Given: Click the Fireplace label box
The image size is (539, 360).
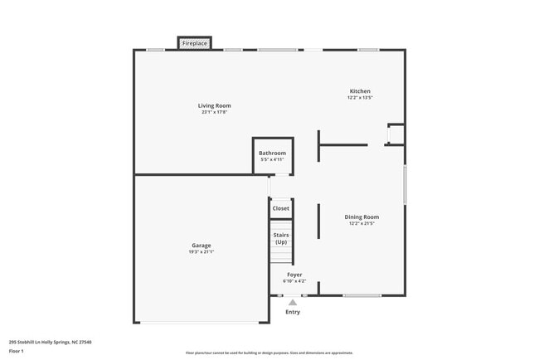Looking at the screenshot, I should click(x=195, y=43).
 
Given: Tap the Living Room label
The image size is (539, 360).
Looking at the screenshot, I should click(x=214, y=105).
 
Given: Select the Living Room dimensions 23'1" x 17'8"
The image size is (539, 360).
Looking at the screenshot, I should click(x=214, y=113).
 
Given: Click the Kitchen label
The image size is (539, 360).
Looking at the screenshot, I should click(x=360, y=91).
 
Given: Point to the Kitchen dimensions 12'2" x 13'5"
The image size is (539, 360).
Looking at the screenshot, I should click(x=360, y=98).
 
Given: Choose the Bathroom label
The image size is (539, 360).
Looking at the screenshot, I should click(x=272, y=153).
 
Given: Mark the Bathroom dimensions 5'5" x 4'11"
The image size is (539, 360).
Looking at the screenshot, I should click(x=272, y=159).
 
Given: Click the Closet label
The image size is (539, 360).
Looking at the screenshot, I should click(x=281, y=208).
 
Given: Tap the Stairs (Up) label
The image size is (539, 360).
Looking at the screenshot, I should click(x=281, y=238).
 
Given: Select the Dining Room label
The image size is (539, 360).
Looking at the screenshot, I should click(x=362, y=216).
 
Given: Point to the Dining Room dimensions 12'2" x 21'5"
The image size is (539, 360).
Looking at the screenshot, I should click(x=362, y=224).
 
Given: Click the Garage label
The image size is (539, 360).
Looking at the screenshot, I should click(x=201, y=245).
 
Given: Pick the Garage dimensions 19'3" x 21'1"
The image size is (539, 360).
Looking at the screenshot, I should click(x=201, y=252).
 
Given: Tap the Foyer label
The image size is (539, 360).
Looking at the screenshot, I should click(x=294, y=274).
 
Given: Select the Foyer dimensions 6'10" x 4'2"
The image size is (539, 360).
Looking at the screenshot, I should click(x=294, y=281).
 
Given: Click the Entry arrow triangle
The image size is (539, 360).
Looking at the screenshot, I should click(x=293, y=302).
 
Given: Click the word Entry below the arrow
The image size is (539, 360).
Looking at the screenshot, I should click(x=293, y=312).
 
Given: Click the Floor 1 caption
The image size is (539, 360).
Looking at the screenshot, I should click(x=17, y=351).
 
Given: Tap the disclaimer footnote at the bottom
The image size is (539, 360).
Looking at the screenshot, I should click(x=269, y=353).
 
